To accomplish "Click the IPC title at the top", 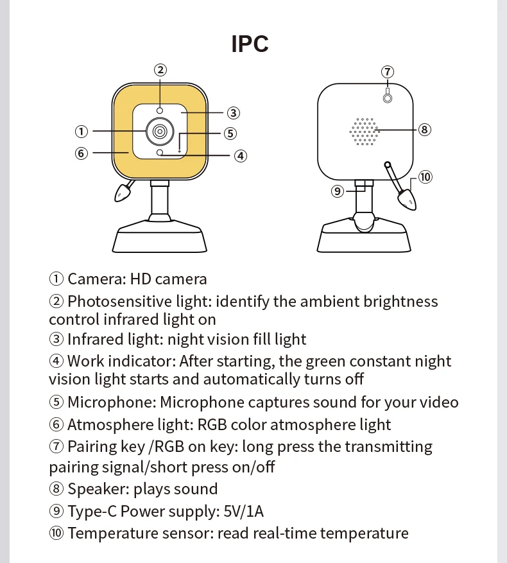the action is [250, 44].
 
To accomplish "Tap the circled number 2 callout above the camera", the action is [160, 70].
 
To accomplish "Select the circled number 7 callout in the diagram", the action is [388, 72].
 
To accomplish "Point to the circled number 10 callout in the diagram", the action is [425, 177].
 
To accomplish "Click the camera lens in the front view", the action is [160, 132].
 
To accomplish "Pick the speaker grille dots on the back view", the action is [364, 132].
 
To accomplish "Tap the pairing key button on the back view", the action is [388, 98].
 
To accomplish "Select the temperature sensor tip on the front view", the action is [123, 193].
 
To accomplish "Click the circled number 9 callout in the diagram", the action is [337, 191].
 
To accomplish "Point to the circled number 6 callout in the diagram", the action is [82, 153].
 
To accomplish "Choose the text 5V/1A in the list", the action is [243, 511].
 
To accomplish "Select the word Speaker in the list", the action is [98, 489].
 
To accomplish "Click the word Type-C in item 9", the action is [92, 511].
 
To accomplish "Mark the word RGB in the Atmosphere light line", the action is [212, 424].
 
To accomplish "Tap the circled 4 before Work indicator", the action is [56, 361].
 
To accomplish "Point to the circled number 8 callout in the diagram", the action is [424, 129].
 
